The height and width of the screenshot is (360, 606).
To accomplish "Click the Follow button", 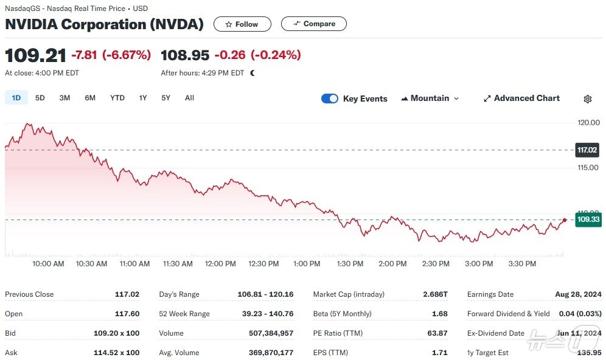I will [242, 24].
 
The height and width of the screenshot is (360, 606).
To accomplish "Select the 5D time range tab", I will [40, 98].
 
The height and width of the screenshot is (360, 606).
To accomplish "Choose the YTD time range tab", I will [117, 98].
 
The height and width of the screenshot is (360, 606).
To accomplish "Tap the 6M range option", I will [90, 98].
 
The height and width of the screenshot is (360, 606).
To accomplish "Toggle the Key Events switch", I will [330, 99].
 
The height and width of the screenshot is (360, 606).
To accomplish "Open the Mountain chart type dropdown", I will [430, 99].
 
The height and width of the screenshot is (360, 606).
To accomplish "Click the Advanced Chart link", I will [521, 99].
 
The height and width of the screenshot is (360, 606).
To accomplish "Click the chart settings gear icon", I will [588, 99].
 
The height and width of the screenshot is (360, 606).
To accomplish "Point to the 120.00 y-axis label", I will [588, 123].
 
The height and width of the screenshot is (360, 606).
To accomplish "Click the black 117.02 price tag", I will [587, 150].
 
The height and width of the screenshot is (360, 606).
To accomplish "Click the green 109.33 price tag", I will [588, 220].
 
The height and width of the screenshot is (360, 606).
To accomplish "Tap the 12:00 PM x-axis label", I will [221, 264].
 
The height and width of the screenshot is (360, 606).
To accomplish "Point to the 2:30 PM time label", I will [436, 264].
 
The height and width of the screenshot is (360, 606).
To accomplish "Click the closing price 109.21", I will [35, 55].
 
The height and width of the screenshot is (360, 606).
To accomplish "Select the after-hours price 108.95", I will [185, 55].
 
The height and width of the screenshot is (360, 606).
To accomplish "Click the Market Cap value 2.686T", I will [435, 294].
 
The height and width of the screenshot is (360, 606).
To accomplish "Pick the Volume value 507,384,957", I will [271, 333].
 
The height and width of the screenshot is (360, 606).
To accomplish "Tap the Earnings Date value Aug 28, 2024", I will [578, 294].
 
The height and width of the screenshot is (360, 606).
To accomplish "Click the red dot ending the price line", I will [565, 220].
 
